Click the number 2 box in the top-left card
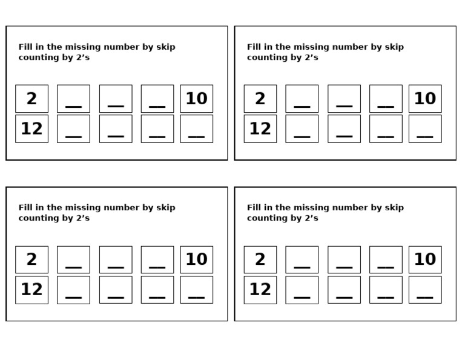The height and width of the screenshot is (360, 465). click(x=31, y=98)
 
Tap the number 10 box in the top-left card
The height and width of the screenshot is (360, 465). click(x=196, y=98)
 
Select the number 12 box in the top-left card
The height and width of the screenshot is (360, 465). click(x=31, y=128)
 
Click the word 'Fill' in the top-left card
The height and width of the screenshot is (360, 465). click(x=26, y=47)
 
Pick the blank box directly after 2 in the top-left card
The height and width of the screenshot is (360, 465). click(x=73, y=98)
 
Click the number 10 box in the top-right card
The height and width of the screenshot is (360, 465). click(x=424, y=98)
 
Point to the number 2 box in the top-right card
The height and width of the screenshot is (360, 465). click(x=260, y=98)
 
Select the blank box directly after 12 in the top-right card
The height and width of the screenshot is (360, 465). click(x=302, y=128)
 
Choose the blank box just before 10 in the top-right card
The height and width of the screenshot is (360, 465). click(x=386, y=98)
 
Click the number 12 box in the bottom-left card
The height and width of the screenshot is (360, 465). click(x=31, y=290)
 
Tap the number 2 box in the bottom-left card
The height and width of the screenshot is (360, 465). click(x=31, y=259)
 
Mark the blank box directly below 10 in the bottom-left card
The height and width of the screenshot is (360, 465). click(x=196, y=290)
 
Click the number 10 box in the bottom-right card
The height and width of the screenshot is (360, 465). click(x=424, y=259)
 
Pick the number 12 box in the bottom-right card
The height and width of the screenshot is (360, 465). click(x=260, y=290)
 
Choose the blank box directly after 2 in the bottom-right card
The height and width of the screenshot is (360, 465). click(x=302, y=259)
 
